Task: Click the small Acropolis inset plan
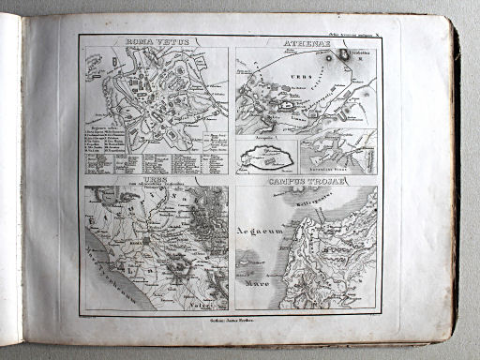pos(267,150)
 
